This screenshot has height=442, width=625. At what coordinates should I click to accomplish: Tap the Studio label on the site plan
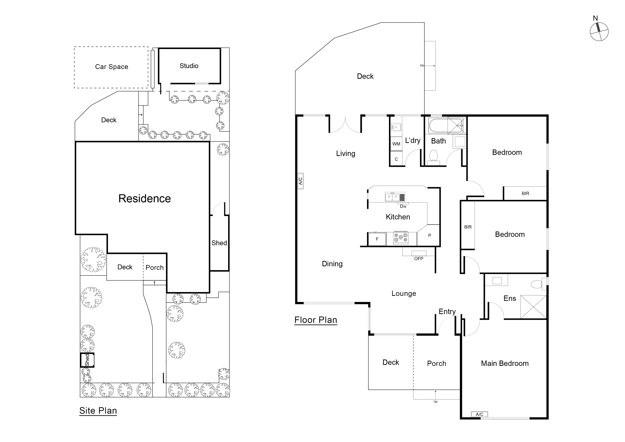pyautogui.click(x=189, y=66)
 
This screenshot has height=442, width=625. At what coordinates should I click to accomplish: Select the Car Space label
pyautogui.click(x=112, y=67)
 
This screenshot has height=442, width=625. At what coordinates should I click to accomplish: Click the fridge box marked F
pyautogui.click(x=377, y=239)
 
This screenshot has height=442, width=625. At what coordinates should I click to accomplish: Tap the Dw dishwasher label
pyautogui.click(x=403, y=206)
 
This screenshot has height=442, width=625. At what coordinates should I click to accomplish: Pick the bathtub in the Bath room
pyautogui.click(x=438, y=125)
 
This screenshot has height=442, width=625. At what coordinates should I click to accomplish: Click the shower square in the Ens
pyautogui.click(x=533, y=307)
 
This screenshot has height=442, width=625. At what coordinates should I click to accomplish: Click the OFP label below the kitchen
pyautogui.click(x=419, y=259)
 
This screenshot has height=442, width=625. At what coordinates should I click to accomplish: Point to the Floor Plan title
pyautogui.click(x=316, y=320)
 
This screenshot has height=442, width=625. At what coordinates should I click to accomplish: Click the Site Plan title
pyautogui.click(x=98, y=411)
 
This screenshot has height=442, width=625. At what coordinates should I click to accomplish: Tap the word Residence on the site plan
pyautogui.click(x=144, y=199)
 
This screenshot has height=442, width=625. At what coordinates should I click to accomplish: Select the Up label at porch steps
pyautogui.click(x=436, y=402)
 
